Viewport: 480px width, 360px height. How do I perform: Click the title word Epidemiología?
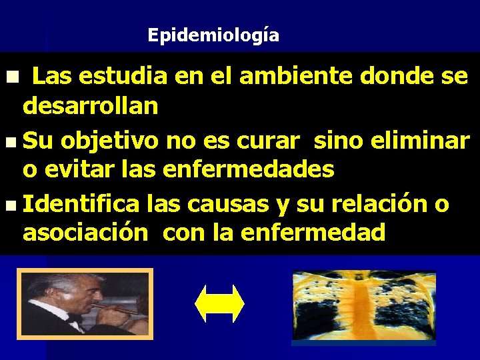[213, 35]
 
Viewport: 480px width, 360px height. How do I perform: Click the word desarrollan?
[90, 106]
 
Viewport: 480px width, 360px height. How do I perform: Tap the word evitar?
[83, 169]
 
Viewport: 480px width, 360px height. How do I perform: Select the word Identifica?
[81, 203]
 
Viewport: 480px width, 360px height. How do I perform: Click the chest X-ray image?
[363, 307]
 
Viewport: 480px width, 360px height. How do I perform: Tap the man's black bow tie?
[72, 324]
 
